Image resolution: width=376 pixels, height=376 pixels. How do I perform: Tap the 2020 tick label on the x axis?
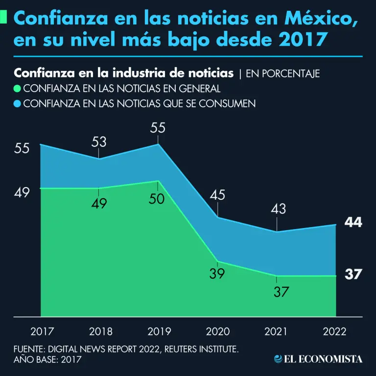pyautogui.click(x=218, y=331)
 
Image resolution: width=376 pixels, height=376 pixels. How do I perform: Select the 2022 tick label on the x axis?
pyautogui.click(x=335, y=331)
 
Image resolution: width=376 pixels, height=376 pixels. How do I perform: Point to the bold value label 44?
pyautogui.click(x=352, y=222)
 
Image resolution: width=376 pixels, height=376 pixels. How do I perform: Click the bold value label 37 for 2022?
pyautogui.click(x=352, y=275)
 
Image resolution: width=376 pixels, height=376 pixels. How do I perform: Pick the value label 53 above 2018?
pyautogui.click(x=99, y=142)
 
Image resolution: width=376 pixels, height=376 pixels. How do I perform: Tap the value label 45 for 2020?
pyautogui.click(x=217, y=195)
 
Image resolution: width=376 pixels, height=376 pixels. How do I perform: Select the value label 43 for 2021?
pyautogui.click(x=277, y=209)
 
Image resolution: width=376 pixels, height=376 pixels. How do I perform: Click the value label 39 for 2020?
pyautogui.click(x=217, y=274)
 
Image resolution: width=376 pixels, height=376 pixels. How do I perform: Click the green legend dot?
pyautogui.click(x=18, y=89)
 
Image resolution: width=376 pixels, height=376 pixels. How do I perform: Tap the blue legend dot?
pyautogui.click(x=18, y=104)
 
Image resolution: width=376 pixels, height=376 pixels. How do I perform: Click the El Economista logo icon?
pyautogui.click(x=278, y=359)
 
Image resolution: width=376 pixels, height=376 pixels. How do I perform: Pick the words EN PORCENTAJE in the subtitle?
pyautogui.click(x=282, y=74)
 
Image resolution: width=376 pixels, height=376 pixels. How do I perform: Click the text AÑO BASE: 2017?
pyautogui.click(x=47, y=360)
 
